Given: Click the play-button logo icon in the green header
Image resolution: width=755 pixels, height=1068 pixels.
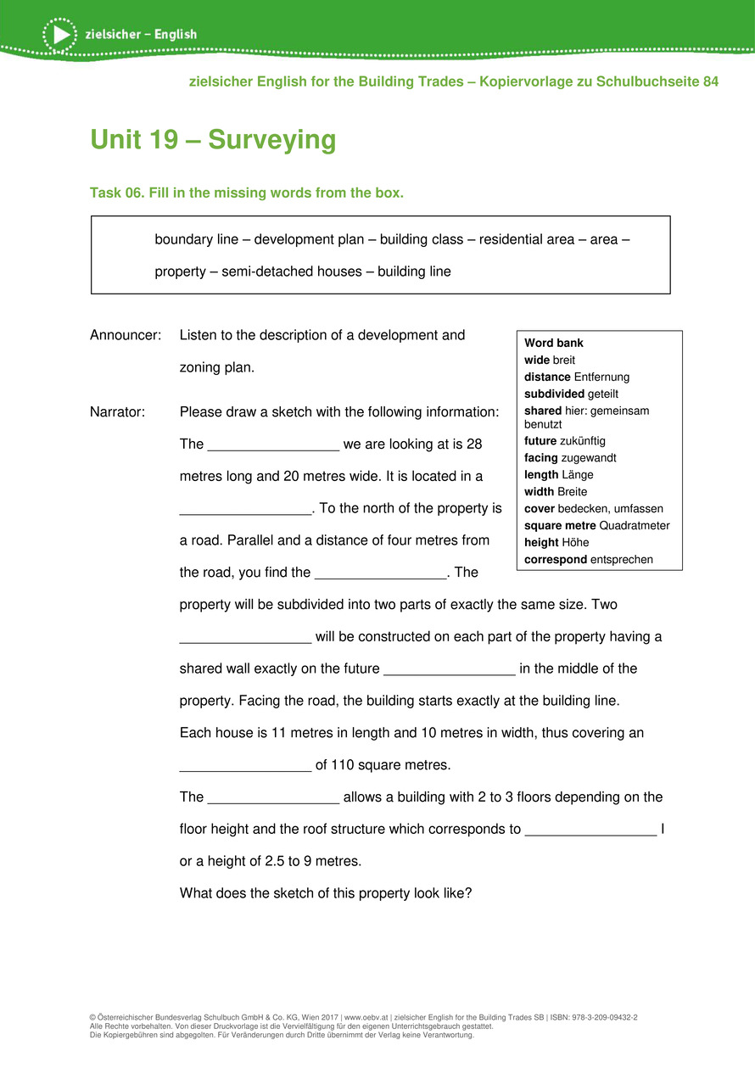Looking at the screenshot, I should pyautogui.click(x=59, y=34).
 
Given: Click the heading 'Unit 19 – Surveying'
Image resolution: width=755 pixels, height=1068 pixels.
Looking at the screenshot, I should pyautogui.click(x=213, y=140).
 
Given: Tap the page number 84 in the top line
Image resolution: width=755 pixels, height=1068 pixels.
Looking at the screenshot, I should pyautogui.click(x=710, y=81).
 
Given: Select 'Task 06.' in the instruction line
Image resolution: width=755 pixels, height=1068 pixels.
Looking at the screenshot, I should pyautogui.click(x=117, y=193).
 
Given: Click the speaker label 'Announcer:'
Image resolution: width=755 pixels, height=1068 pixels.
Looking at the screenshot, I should pyautogui.click(x=126, y=335).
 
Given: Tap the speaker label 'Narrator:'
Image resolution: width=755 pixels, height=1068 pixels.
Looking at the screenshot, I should pyautogui.click(x=118, y=412).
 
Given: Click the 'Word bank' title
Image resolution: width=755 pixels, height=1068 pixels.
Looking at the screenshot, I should pyautogui.click(x=554, y=344).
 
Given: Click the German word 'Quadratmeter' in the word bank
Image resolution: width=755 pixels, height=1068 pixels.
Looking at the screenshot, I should pyautogui.click(x=635, y=525).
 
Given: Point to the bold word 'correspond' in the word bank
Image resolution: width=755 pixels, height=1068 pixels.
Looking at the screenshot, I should pyautogui.click(x=556, y=559).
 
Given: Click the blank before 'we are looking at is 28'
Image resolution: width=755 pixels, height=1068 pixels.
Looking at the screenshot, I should pyautogui.click(x=273, y=445).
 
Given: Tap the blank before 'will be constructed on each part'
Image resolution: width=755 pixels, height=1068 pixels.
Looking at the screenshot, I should pyautogui.click(x=246, y=638).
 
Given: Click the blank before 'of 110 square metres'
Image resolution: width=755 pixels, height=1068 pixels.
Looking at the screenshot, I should pyautogui.click(x=246, y=766).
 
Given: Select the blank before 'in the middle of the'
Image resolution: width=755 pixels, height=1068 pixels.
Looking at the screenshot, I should pyautogui.click(x=450, y=670).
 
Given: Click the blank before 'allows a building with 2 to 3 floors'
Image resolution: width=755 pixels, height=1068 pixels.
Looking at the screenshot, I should pyautogui.click(x=273, y=798).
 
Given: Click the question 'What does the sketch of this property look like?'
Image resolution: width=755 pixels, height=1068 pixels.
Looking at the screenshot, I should pyautogui.click(x=325, y=893).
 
